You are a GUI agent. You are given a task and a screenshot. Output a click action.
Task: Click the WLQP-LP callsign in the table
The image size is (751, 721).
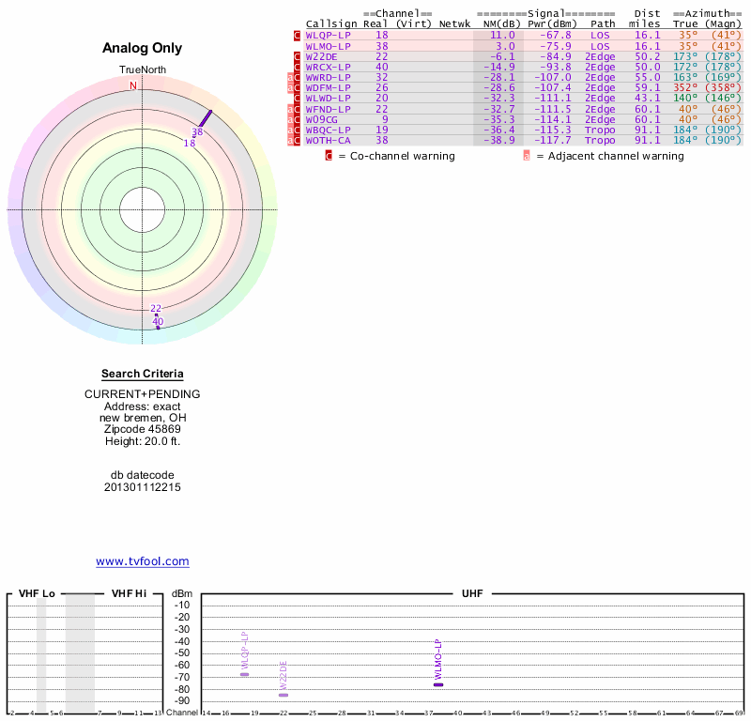328,35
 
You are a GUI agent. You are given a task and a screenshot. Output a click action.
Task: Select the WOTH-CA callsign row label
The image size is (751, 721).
328,140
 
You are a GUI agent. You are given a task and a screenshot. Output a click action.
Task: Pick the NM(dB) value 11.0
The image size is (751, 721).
504,35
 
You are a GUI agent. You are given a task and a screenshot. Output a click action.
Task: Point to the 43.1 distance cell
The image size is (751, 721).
647,98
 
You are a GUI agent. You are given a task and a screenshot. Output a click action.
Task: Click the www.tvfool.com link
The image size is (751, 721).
143,561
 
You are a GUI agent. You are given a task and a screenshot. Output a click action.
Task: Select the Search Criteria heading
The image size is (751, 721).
143,374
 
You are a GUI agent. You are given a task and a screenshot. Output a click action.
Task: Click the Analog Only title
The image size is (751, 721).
143,48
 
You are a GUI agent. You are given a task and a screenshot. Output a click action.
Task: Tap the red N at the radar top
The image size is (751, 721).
133,85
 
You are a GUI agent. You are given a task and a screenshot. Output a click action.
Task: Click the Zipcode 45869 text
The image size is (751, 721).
143,429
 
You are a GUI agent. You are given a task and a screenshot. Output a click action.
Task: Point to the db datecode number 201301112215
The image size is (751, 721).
143,487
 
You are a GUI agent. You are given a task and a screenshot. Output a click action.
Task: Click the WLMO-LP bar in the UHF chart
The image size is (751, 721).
437,684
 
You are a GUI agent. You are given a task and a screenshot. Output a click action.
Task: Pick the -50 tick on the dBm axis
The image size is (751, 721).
182,653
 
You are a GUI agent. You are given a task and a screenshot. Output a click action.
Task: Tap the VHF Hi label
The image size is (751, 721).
129,594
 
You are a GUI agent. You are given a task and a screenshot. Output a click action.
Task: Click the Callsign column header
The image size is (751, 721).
331,23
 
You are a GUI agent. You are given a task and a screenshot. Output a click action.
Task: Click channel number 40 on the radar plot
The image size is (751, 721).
158,321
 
